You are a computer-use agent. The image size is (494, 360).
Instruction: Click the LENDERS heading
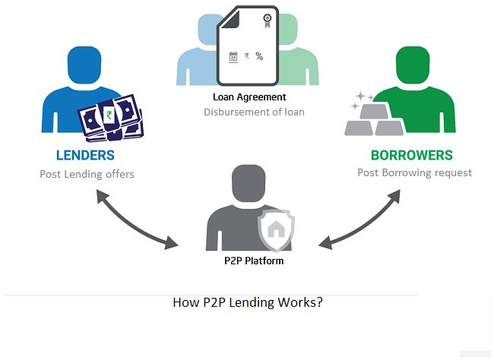click(x=85, y=156)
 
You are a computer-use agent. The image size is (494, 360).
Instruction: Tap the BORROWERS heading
click(x=411, y=156)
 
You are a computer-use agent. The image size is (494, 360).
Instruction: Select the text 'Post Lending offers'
click(x=87, y=174)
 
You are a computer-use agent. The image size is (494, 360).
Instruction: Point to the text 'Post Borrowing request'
click(x=414, y=172)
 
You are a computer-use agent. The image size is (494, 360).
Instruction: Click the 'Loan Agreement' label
click(x=250, y=97)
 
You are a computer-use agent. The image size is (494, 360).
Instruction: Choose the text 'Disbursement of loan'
click(x=254, y=112)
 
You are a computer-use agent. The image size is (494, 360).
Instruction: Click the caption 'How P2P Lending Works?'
click(x=248, y=302)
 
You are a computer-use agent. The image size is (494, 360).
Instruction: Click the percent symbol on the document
click(x=259, y=56)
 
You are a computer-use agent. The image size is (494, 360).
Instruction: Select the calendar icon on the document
click(x=233, y=56)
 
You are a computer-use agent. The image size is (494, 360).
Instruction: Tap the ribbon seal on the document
click(x=267, y=21)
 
